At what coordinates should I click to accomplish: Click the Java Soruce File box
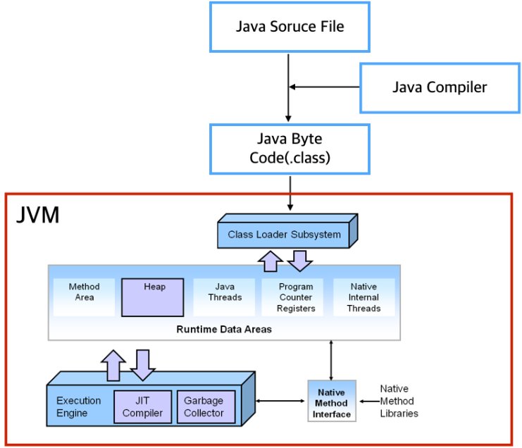289,27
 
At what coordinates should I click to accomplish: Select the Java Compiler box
439,87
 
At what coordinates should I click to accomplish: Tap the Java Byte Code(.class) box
289,149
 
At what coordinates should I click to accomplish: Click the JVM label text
37,216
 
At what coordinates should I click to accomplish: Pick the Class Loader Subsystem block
284,234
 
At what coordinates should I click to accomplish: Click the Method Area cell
84,292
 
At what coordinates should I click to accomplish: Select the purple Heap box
154,297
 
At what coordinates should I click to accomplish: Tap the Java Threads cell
225,292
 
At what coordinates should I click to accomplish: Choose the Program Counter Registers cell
295,297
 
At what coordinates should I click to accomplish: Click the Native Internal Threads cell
363,297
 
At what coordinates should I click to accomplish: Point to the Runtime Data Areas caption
224,328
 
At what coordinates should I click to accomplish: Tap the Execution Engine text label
78,406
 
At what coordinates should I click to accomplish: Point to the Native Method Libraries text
399,401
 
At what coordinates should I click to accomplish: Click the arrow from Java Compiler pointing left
325,87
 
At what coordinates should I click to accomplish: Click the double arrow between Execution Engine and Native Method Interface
282,402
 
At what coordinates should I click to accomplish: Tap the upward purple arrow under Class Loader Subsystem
270,261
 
